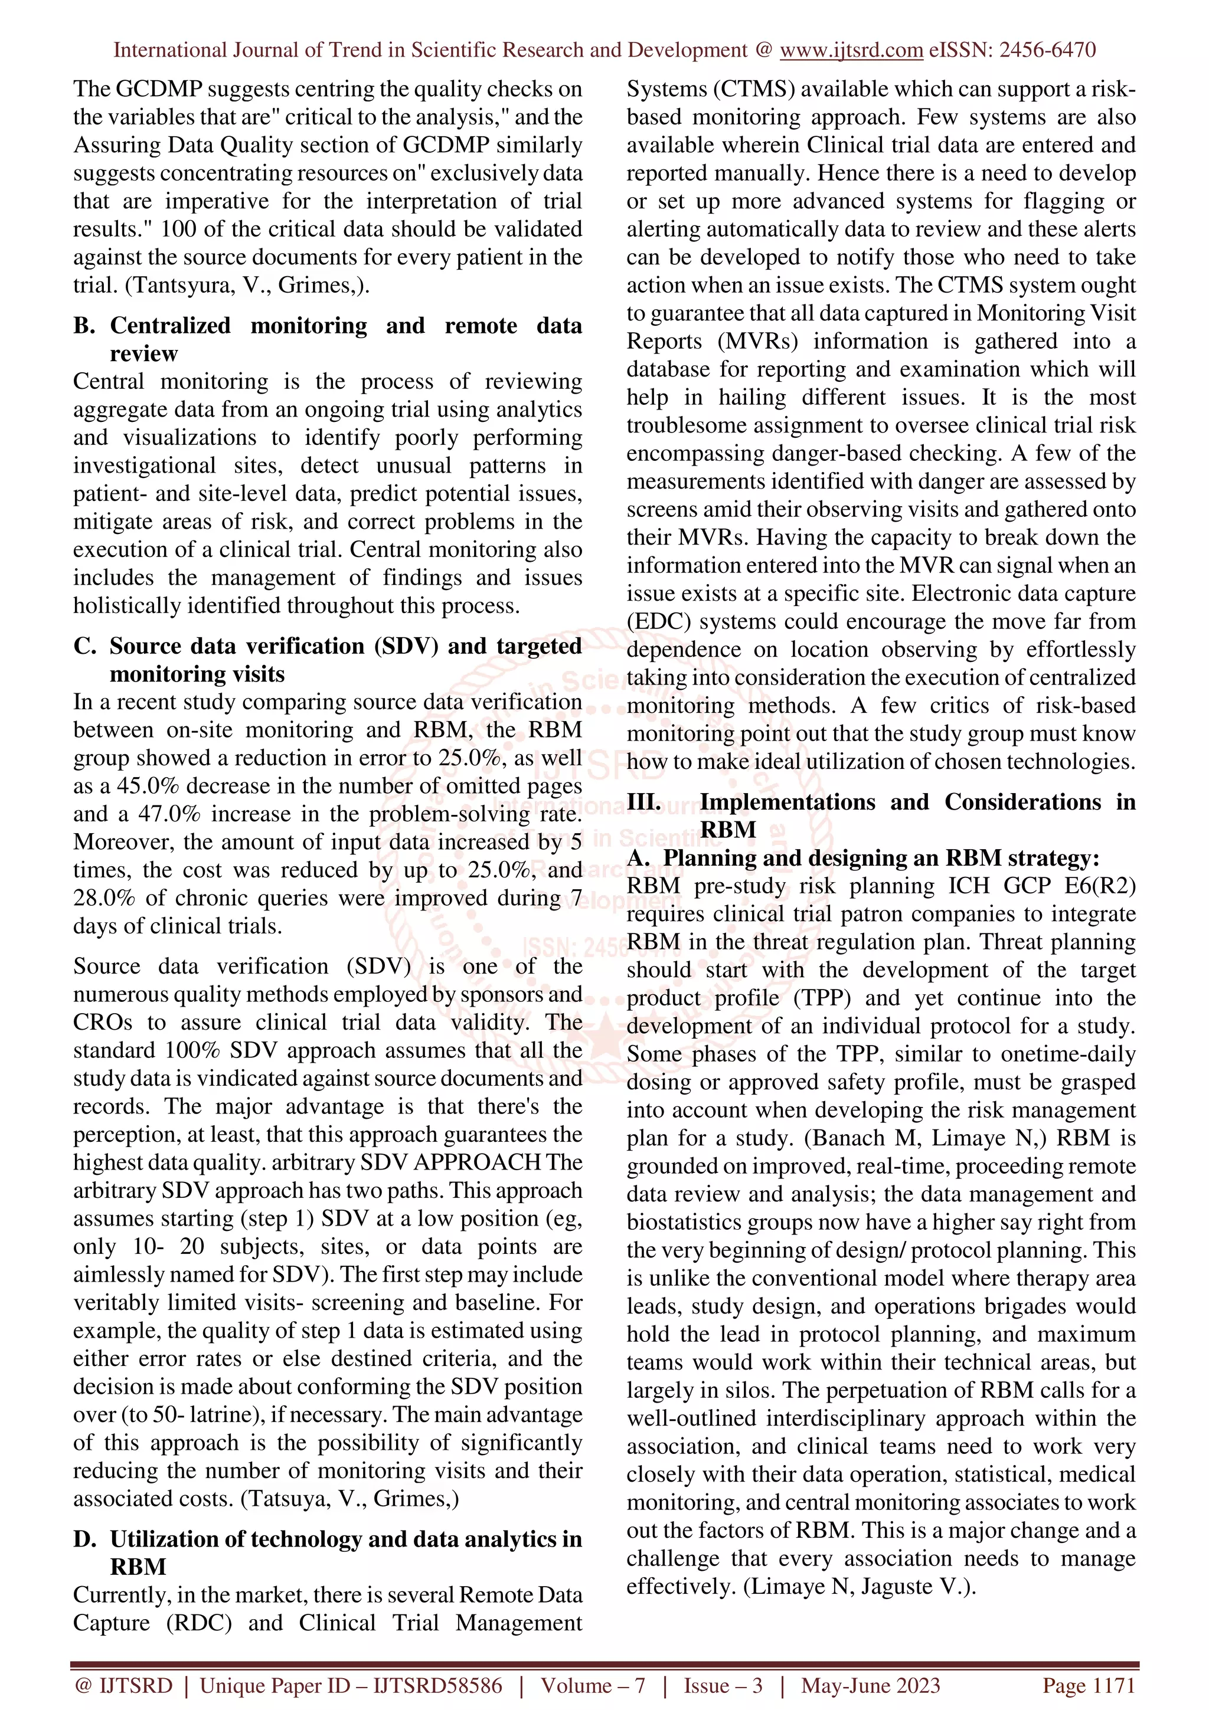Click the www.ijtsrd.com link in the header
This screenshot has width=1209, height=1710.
coord(851,51)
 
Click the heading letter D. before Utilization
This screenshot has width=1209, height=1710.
coord(84,1539)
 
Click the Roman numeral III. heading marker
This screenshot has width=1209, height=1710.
coord(643,802)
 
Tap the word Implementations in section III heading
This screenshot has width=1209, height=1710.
coord(788,802)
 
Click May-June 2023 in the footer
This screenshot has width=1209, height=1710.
coord(870,1685)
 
